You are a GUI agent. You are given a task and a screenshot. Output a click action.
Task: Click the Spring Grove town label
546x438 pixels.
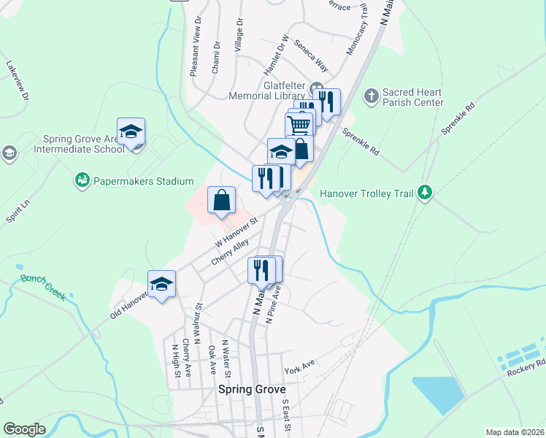point(252,390)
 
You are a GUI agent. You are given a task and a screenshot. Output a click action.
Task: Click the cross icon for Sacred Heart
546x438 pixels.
point(372,96)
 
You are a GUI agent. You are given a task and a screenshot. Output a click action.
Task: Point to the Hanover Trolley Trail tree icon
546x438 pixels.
point(425,193)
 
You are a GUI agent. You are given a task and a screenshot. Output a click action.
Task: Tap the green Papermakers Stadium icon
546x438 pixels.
point(81,180)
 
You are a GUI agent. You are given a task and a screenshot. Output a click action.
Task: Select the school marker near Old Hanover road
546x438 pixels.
point(162,285)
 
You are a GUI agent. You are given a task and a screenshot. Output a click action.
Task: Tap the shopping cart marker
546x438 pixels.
point(299,125)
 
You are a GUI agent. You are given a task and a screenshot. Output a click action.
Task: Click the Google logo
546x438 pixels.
point(24,429)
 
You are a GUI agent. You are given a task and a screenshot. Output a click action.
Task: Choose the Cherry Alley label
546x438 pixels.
point(231,251)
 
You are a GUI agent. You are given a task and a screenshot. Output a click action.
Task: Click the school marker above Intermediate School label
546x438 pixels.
point(131,132)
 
